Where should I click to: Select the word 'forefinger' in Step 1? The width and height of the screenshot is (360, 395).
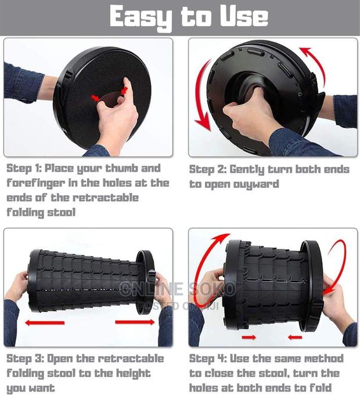pos(34,183)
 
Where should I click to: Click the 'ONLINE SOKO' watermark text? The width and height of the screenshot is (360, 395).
pos(177,289)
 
